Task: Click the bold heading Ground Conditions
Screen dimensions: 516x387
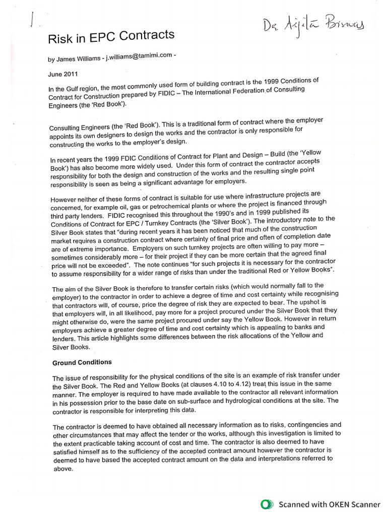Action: (82, 362)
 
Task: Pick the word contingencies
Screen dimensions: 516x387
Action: (292, 425)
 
